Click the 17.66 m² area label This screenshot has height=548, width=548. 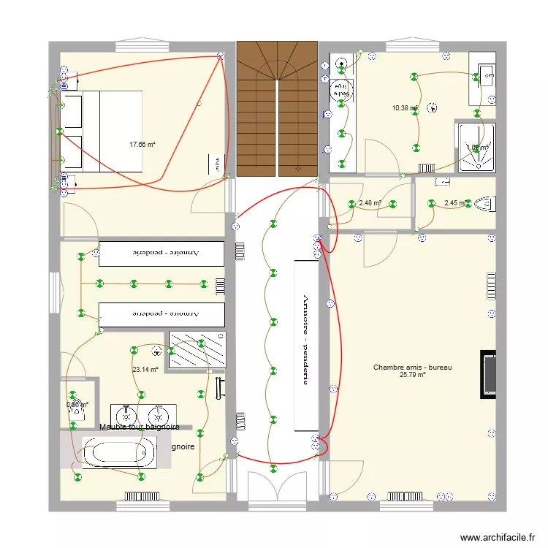[142, 145]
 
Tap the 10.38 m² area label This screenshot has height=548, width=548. [404, 108]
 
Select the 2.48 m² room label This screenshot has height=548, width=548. [370, 203]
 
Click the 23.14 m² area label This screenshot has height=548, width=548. [145, 370]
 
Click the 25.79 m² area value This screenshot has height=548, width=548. [412, 376]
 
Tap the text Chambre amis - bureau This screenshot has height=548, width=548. [412, 368]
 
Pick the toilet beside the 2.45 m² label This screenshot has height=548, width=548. [484, 202]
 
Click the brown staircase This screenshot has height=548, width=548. [277, 109]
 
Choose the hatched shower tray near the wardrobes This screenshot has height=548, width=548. [197, 349]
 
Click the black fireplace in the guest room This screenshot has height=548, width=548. [487, 374]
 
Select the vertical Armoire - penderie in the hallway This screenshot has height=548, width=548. [306, 345]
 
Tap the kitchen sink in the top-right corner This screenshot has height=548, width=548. [487, 75]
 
